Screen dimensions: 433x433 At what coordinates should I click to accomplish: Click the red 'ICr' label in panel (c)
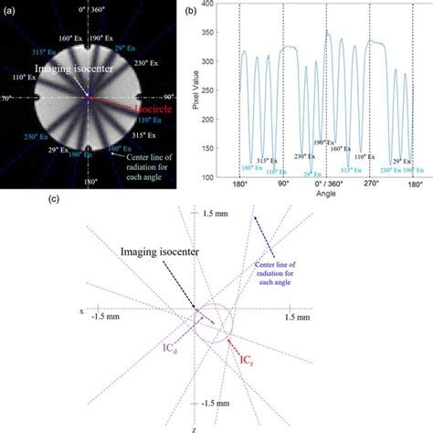[x=249, y=371]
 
